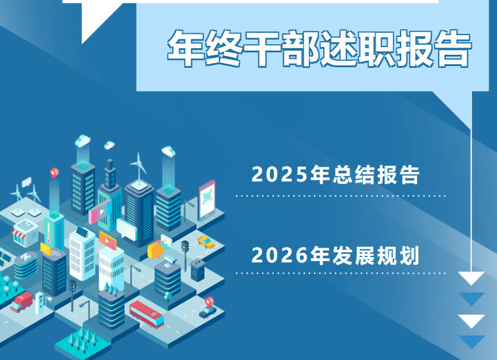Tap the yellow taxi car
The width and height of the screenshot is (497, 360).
tap(206, 242)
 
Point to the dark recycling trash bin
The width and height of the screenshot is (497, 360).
tap(197, 268)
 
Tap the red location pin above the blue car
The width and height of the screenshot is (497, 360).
tap(209, 301)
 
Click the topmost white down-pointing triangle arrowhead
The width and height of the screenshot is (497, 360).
tap(471, 278)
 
